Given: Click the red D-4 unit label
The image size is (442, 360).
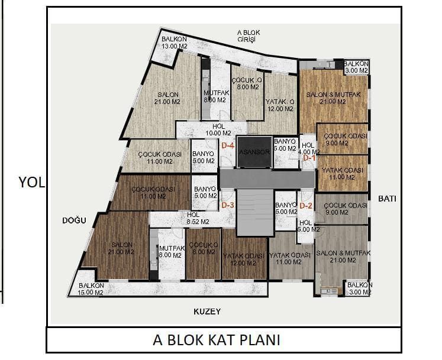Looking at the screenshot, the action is [x=228, y=145].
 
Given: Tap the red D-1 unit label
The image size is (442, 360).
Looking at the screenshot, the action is [x=309, y=158].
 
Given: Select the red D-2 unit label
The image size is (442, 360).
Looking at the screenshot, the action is [x=306, y=206].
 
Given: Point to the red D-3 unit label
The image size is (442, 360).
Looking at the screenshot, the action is [x=228, y=205].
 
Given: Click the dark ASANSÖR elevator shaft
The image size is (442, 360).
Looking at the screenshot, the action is [x=255, y=152].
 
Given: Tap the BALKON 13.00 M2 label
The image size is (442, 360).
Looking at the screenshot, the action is [x=174, y=43].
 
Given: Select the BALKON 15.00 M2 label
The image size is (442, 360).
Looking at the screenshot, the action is [x=91, y=289].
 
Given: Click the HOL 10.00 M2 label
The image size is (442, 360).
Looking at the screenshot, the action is [x=218, y=130].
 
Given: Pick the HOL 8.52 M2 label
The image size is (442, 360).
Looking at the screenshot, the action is [x=198, y=218].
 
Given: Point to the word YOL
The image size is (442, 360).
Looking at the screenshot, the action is [x=31, y=183].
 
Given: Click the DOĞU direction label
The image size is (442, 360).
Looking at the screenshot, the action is [x=74, y=220].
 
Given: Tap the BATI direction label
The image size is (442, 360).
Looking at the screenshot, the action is [x=387, y=199].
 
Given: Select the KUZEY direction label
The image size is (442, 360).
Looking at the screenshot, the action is [x=207, y=312].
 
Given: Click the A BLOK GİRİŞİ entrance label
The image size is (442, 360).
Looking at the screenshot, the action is [x=249, y=36].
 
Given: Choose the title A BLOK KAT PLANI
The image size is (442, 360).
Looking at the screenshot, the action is [x=217, y=340].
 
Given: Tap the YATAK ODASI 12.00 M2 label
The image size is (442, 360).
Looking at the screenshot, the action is [x=244, y=260].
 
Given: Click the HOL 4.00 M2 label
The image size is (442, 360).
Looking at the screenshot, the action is [x=309, y=148].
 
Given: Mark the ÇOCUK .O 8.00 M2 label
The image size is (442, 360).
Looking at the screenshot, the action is [x=247, y=84].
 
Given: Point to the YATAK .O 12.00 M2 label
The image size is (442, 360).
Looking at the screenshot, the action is [x=280, y=105].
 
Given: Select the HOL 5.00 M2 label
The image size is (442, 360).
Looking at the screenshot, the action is [x=308, y=226].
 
